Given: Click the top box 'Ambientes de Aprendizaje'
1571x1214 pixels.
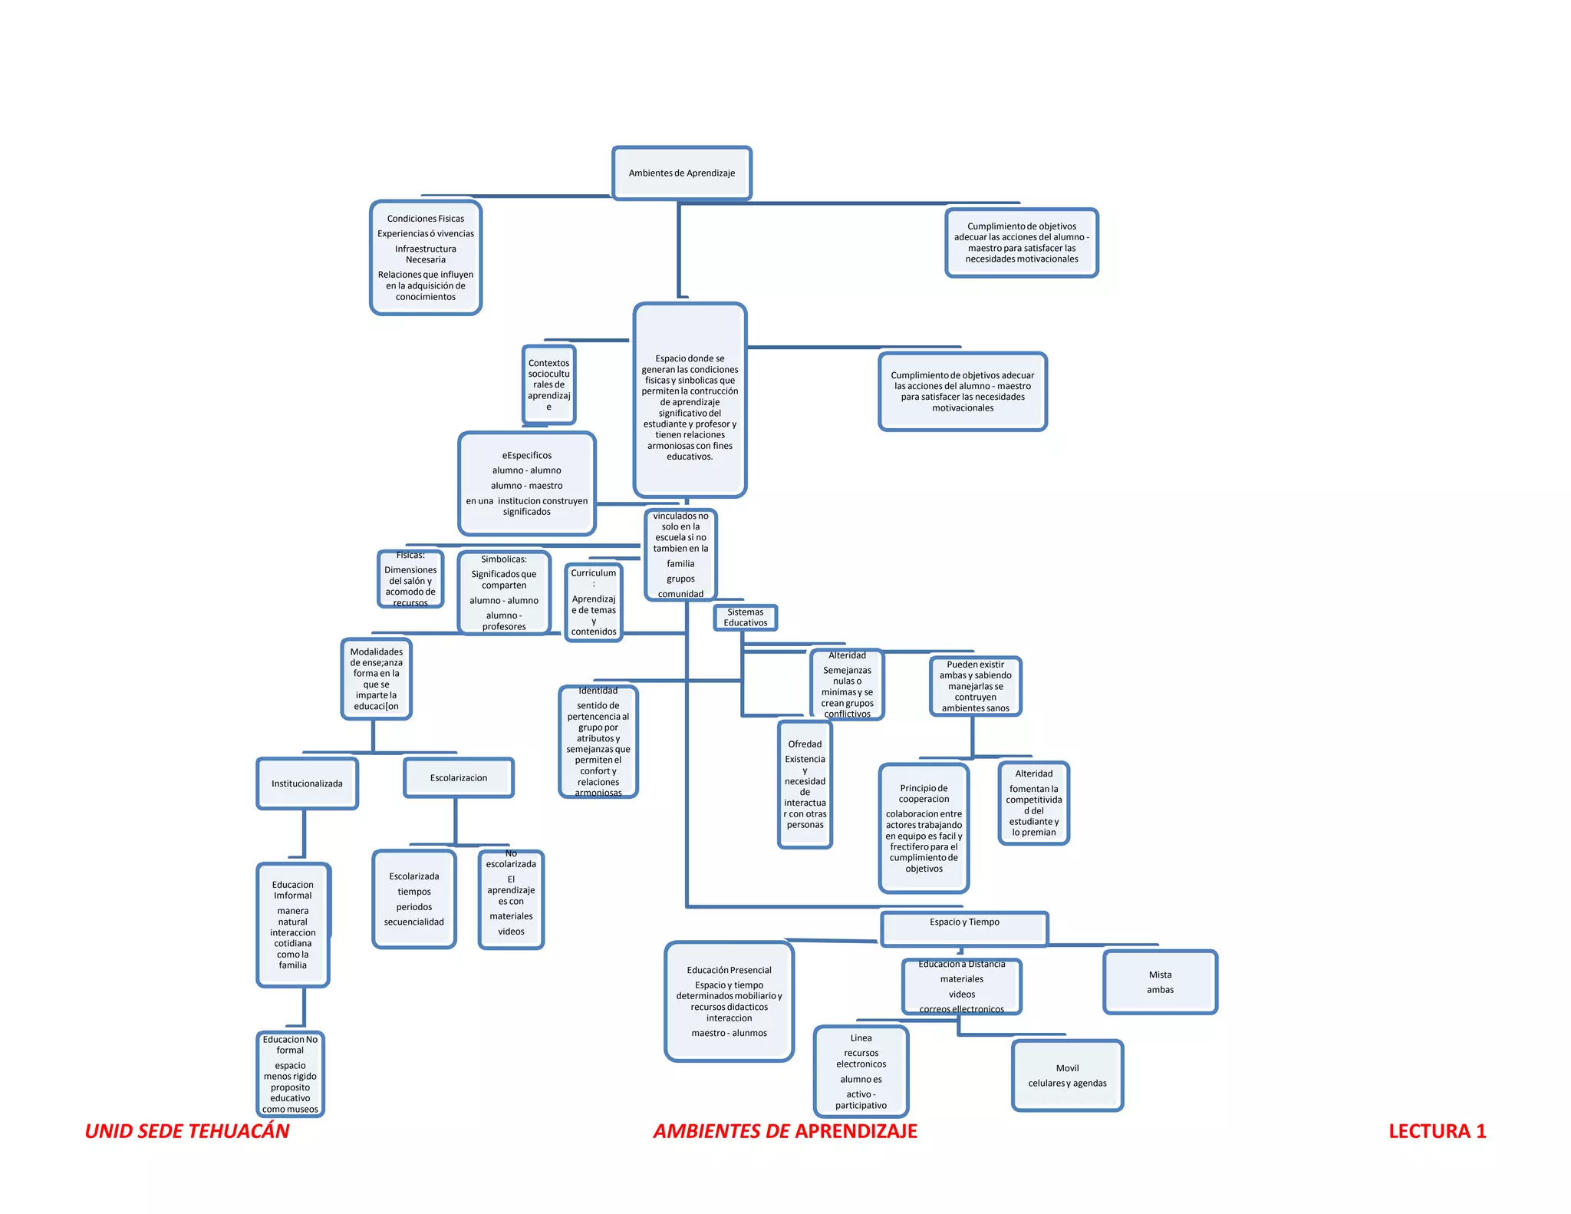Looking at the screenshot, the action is pyautogui.click(x=681, y=173).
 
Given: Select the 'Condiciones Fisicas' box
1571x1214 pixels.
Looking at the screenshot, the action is pyautogui.click(x=426, y=257).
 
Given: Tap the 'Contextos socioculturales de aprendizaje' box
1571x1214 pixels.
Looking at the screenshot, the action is pyautogui.click(x=548, y=384).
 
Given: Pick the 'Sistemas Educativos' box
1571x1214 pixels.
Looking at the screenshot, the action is pyautogui.click(x=745, y=618).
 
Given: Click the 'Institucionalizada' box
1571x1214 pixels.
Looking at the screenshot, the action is pyautogui.click(x=307, y=783).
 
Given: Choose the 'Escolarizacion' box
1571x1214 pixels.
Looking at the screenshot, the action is pyautogui.click(x=459, y=778).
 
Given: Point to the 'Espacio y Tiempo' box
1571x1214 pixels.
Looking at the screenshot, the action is pyautogui.click(x=964, y=928).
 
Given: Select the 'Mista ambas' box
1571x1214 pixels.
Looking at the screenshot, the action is pyautogui.click(x=1160, y=982).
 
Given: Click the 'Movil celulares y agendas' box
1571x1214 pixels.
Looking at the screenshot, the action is pyautogui.click(x=1067, y=1075).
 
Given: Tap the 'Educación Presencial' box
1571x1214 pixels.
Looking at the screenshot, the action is pyautogui.click(x=729, y=1001).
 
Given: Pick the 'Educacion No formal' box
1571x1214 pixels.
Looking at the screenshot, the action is pyautogui.click(x=290, y=1074).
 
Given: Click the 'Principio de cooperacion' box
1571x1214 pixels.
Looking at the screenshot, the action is pyautogui.click(x=924, y=828).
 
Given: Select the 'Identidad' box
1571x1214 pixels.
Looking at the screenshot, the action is pyautogui.click(x=598, y=742).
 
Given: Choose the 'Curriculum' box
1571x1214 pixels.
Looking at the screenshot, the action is pyautogui.click(x=593, y=602).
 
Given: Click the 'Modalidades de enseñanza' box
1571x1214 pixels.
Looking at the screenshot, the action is pyautogui.click(x=376, y=679).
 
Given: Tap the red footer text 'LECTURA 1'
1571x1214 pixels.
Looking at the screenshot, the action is pyautogui.click(x=1437, y=1131).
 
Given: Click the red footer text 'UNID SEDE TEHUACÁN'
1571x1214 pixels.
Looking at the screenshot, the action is pyautogui.click(x=187, y=1131).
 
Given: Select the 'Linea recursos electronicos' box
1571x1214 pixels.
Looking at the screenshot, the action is pyautogui.click(x=861, y=1071).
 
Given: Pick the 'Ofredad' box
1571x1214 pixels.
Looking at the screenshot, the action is pyautogui.click(x=805, y=784).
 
